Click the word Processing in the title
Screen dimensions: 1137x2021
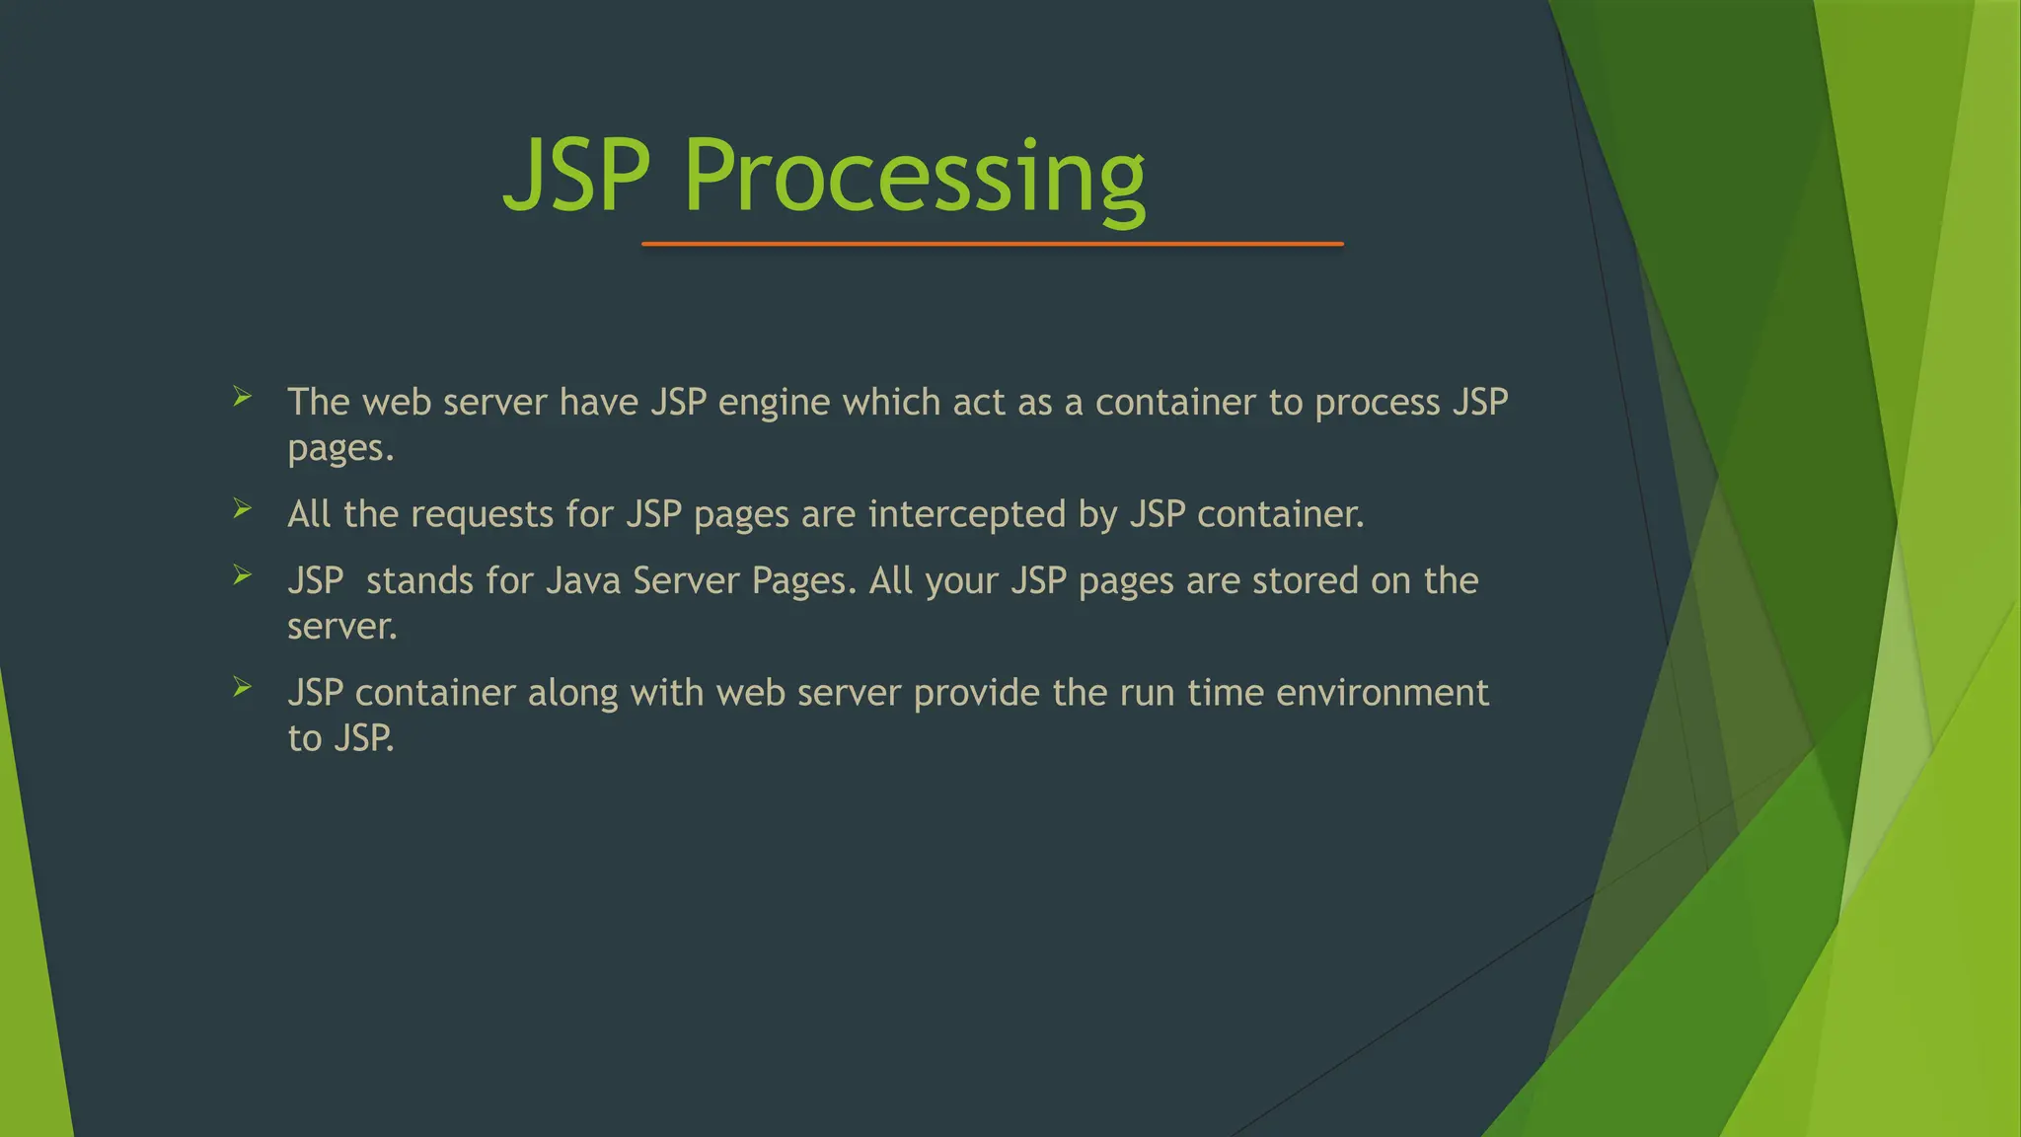(914, 178)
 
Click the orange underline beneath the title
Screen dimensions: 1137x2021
(992, 244)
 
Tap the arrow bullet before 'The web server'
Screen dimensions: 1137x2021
(243, 398)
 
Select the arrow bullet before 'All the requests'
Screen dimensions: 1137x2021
(243, 509)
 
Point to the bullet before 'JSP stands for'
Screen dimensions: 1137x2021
(243, 575)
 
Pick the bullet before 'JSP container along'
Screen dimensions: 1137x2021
(243, 687)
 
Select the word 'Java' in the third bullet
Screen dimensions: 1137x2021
(582, 581)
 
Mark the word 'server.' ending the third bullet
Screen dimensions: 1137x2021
(341, 627)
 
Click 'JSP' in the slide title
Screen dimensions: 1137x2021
(577, 178)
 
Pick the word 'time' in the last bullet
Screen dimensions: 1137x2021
(1225, 693)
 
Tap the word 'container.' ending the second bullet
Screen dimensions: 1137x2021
(1280, 515)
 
